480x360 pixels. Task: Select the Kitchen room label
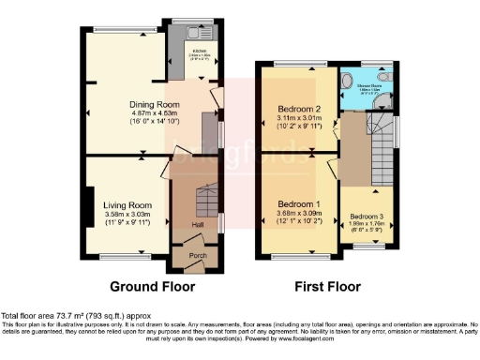click(x=199, y=50)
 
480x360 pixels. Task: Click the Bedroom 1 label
click(x=298, y=203)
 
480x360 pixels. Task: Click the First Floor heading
click(x=327, y=287)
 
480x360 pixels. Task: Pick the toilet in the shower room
click(x=351, y=80)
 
